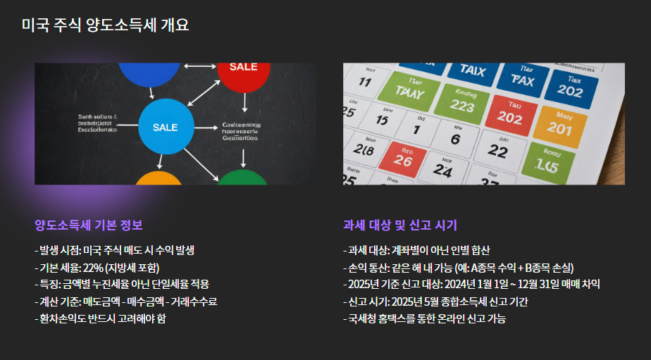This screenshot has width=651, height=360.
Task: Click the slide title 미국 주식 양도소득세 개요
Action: pyautogui.click(x=105, y=25)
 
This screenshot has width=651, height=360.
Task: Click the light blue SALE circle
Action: pyautogui.click(x=166, y=127)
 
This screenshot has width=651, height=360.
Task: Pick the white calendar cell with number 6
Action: pyautogui.click(x=455, y=135)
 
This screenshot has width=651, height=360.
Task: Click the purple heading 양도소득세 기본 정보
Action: pyautogui.click(x=89, y=225)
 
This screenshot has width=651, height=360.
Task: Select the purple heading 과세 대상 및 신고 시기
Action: pyautogui.click(x=400, y=225)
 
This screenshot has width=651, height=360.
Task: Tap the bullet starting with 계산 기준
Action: pyautogui.click(x=126, y=302)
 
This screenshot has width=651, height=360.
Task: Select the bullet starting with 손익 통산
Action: pyautogui.click(x=459, y=268)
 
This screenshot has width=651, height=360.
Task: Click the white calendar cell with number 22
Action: pyautogui.click(x=498, y=150)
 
